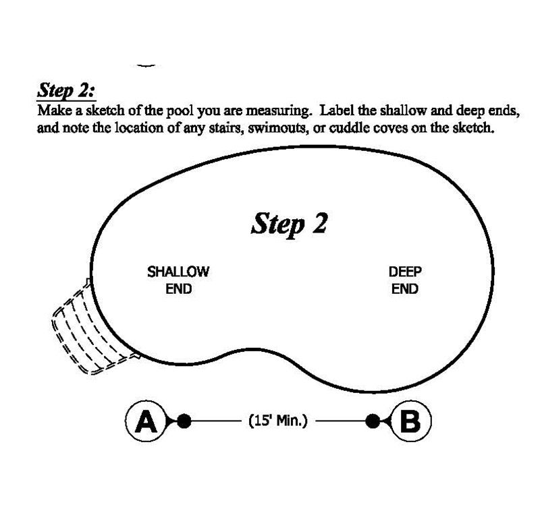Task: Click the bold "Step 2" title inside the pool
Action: (289, 223)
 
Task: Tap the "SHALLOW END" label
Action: (178, 280)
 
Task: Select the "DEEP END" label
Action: (405, 280)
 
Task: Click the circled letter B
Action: (410, 422)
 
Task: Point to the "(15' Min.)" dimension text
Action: (278, 422)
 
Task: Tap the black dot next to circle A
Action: (184, 422)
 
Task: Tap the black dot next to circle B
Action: (372, 422)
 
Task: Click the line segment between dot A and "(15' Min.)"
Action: (216, 422)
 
